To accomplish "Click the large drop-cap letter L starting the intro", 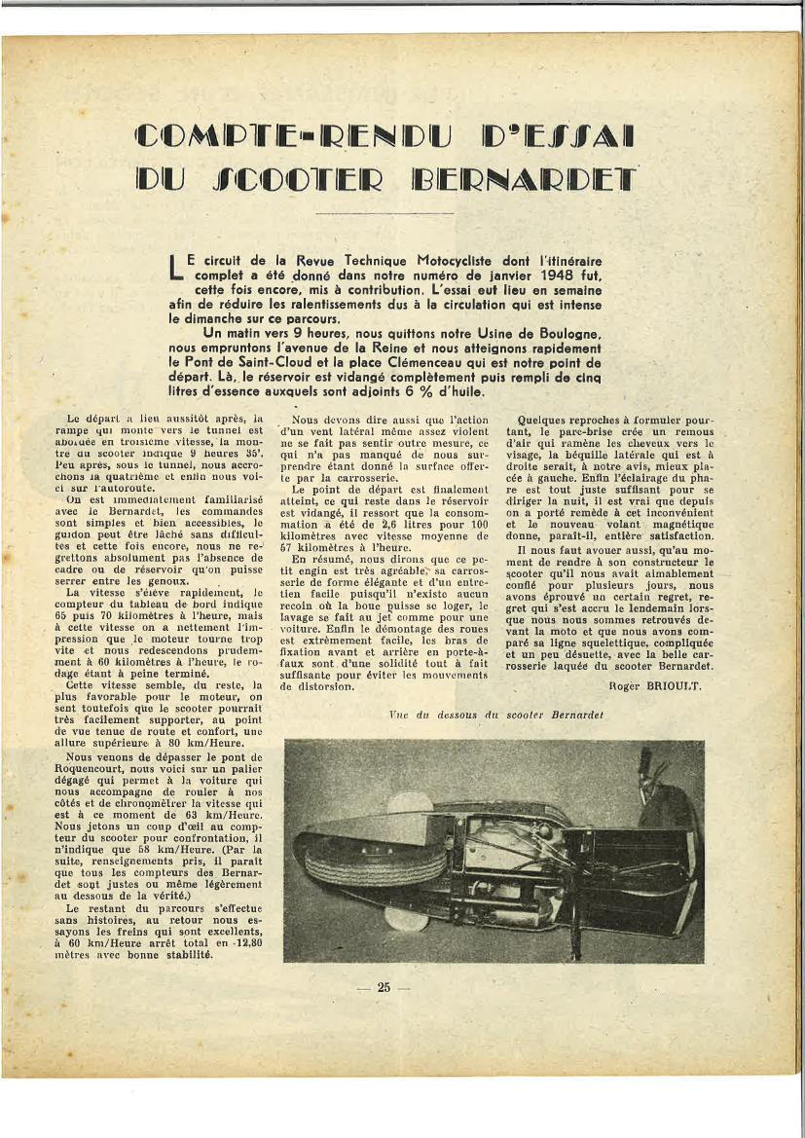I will (175, 269).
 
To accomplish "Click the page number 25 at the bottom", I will (384, 987).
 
